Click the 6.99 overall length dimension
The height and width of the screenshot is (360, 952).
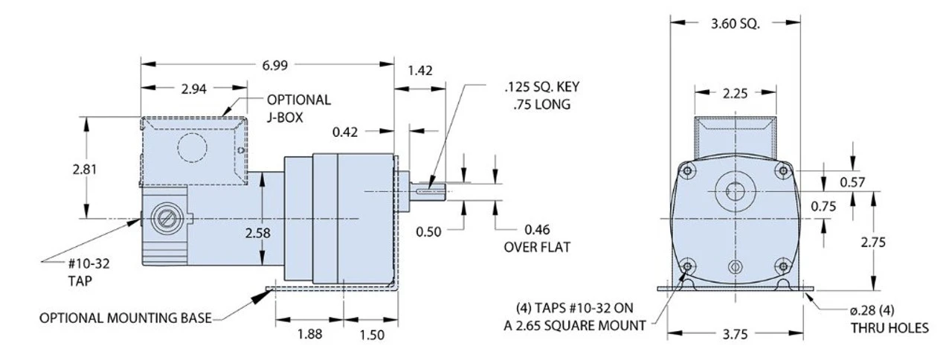pos(274,65)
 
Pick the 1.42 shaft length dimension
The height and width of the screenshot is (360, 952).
pos(420,71)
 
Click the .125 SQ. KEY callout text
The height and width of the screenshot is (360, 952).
pos(537,87)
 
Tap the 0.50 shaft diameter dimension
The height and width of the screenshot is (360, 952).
pos(428,231)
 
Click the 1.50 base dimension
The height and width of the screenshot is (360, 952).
pos(371,335)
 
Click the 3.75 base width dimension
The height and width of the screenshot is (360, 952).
pos(735,334)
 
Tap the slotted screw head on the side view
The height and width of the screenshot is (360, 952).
pos(164,219)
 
